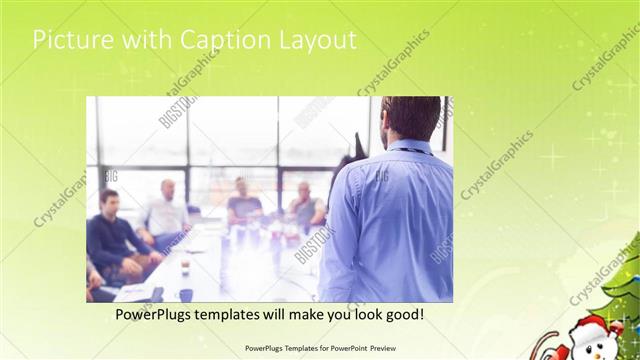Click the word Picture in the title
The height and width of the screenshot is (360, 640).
(x=70, y=40)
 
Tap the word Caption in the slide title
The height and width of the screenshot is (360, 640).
(x=226, y=41)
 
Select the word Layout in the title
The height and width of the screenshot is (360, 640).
(x=318, y=41)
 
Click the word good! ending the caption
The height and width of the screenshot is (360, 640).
(x=401, y=314)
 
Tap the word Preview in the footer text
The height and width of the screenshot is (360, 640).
(x=375, y=348)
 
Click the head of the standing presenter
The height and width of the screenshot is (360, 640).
(x=410, y=117)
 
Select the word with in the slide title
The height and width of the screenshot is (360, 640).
(x=146, y=40)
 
